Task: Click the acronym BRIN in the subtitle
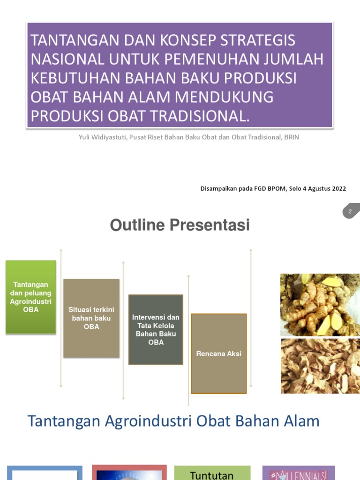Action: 291,137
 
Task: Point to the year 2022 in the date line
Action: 338,188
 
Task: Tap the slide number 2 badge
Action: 350,211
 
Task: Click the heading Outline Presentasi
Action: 180,225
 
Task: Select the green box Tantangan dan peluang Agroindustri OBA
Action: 31,297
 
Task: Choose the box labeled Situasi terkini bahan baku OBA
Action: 91,318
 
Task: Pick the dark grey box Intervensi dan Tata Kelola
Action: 156,330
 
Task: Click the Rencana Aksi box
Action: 218,353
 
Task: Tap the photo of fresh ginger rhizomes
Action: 320,305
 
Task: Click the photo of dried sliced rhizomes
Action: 320,366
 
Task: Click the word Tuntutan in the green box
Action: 212,475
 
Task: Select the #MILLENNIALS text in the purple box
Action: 299,475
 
